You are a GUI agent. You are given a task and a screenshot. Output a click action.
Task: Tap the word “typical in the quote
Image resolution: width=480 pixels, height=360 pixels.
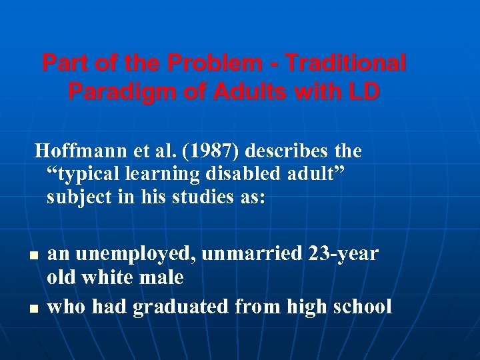[x=84, y=175]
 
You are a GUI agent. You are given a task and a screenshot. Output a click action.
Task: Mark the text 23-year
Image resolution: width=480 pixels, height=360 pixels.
[x=343, y=254]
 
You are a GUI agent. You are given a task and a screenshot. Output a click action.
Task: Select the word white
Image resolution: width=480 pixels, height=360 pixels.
[x=111, y=277]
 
